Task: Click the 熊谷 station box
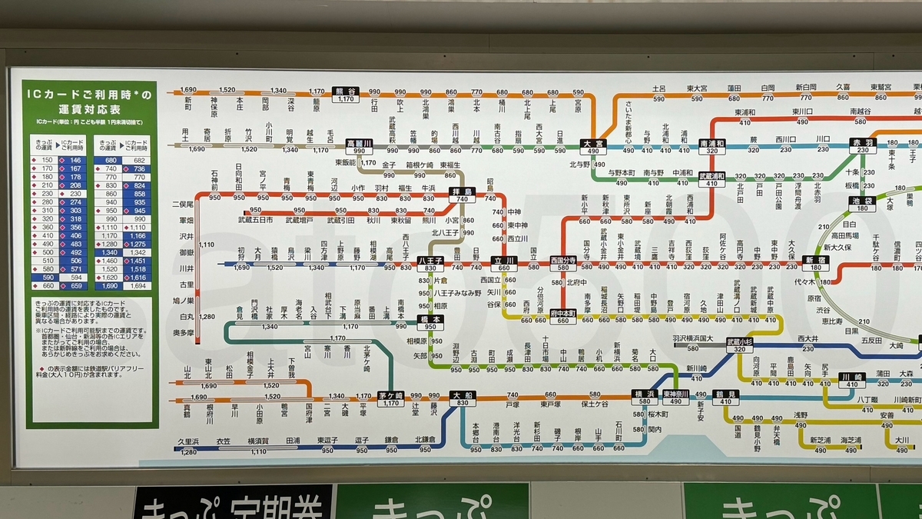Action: pos(347,95)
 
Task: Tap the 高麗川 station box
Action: pos(360,146)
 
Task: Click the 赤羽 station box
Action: pos(861,146)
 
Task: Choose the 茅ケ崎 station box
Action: pos(390,399)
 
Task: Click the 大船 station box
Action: pos(463,399)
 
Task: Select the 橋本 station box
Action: pos(431,321)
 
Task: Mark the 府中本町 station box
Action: pos(563,316)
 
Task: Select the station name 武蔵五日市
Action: pos(265,220)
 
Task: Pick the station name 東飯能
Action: pos(344,162)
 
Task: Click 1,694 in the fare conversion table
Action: pos(138,285)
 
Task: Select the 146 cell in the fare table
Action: pos(76,160)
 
